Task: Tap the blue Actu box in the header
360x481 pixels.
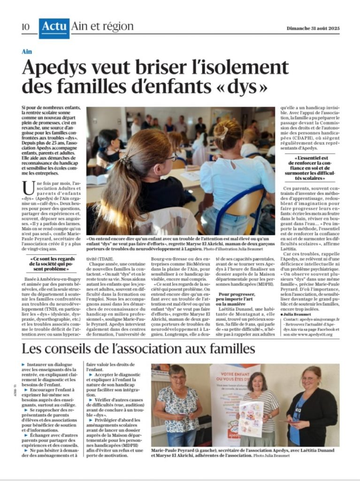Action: tap(54, 27)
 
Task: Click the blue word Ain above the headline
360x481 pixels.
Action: tap(27, 51)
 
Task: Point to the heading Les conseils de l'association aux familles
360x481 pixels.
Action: tap(138, 349)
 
